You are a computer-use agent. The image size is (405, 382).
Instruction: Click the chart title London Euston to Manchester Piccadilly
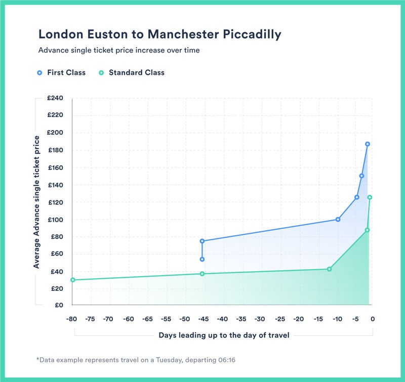(x=159, y=34)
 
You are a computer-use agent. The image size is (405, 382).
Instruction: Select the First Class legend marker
(x=40, y=73)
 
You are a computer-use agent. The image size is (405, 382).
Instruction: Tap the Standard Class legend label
(x=136, y=73)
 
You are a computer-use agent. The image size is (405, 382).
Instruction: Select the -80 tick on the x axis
(x=72, y=319)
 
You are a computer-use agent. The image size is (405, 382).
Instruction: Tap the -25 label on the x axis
(x=278, y=319)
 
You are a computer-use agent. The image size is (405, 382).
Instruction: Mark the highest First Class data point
(x=368, y=144)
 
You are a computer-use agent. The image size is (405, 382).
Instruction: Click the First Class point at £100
(x=338, y=220)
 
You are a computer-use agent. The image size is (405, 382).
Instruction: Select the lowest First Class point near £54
(x=202, y=259)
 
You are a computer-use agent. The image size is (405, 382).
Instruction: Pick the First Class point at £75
(x=202, y=241)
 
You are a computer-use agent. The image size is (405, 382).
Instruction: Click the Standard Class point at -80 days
(x=72, y=280)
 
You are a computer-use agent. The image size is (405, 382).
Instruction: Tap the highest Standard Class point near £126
(x=370, y=197)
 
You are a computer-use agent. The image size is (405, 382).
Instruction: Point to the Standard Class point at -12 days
(x=329, y=269)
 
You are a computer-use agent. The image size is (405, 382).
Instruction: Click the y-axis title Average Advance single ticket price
(x=36, y=202)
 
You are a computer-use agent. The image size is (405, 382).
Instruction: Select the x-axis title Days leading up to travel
(x=224, y=335)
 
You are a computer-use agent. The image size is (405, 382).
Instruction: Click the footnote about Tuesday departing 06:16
(x=136, y=360)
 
